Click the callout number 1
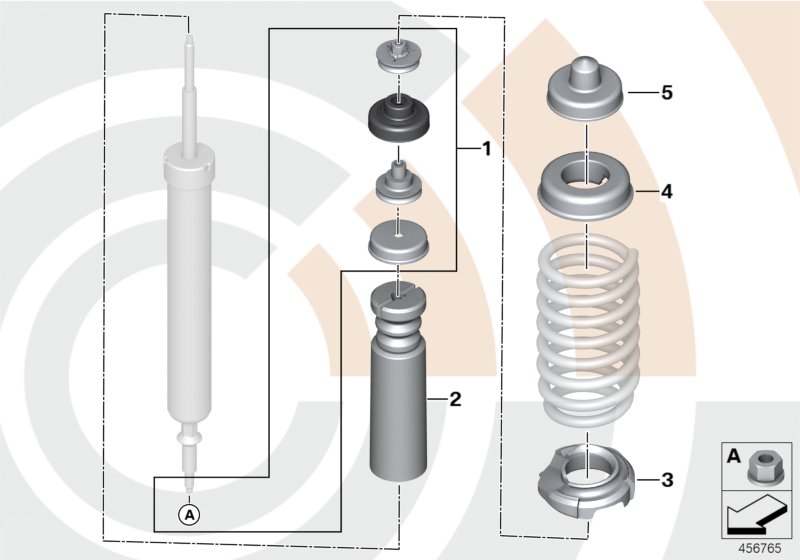(486, 150)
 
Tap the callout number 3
(666, 481)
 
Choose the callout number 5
(666, 93)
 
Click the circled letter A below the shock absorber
(188, 514)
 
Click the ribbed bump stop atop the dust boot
(398, 315)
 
